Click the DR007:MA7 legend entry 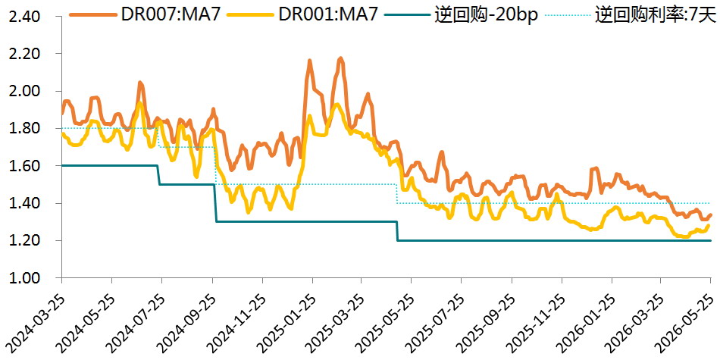coord(147,15)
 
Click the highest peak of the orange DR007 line coord(340,58)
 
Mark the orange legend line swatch coord(93,15)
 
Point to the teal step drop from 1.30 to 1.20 coord(397,231)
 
